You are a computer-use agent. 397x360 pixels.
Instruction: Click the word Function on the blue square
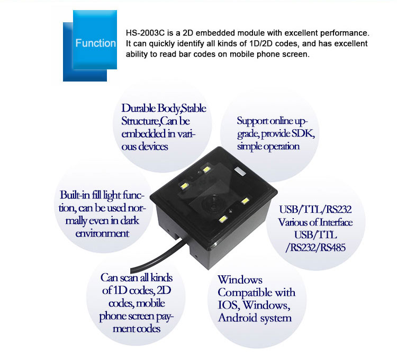click(95, 43)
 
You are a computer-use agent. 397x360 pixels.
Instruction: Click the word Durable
click(139, 108)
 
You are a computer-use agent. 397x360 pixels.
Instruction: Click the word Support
click(253, 121)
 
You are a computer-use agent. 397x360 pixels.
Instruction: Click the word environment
click(102, 233)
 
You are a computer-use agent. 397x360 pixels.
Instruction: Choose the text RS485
click(333, 247)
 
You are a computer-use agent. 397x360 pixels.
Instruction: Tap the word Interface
click(336, 222)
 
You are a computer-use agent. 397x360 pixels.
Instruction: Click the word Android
click(239, 318)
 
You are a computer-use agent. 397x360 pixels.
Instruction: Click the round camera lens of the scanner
click(211, 203)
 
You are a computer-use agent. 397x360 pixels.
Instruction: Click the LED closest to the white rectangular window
click(206, 169)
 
